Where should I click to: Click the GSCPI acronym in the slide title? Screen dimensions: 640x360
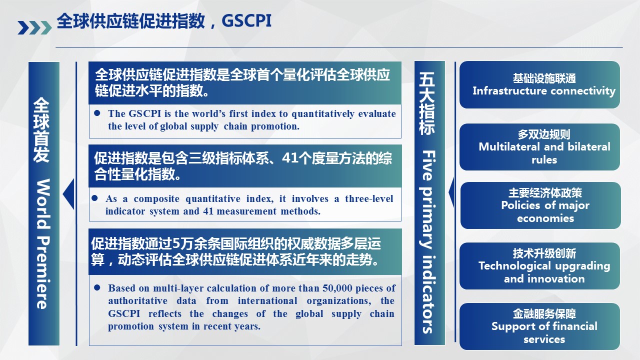[x=246, y=20]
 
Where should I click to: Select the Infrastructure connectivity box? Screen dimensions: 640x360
[x=539, y=84]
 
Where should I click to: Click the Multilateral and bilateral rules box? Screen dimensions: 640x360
[x=539, y=147]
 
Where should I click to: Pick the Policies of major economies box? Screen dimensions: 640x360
[x=540, y=205]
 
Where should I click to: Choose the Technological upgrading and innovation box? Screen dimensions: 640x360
[x=539, y=266]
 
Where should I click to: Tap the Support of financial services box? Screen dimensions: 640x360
[x=539, y=326]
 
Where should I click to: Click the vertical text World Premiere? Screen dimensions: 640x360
[x=43, y=244]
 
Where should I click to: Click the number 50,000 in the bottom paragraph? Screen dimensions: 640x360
[x=337, y=288]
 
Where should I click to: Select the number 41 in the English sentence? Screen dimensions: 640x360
[x=208, y=211]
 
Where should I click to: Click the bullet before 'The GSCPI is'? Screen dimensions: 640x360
[x=97, y=113]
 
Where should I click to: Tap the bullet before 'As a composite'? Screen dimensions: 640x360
[x=95, y=198]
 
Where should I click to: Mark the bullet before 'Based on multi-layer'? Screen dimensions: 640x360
[x=97, y=287]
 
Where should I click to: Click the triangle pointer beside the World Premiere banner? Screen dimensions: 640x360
[x=68, y=194]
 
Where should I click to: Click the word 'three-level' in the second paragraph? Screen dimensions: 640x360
[x=369, y=198]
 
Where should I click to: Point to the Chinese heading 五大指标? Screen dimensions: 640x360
[x=427, y=103]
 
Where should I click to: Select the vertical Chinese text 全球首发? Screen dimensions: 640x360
[x=41, y=130]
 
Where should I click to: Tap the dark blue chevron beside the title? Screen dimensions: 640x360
[x=23, y=27]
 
